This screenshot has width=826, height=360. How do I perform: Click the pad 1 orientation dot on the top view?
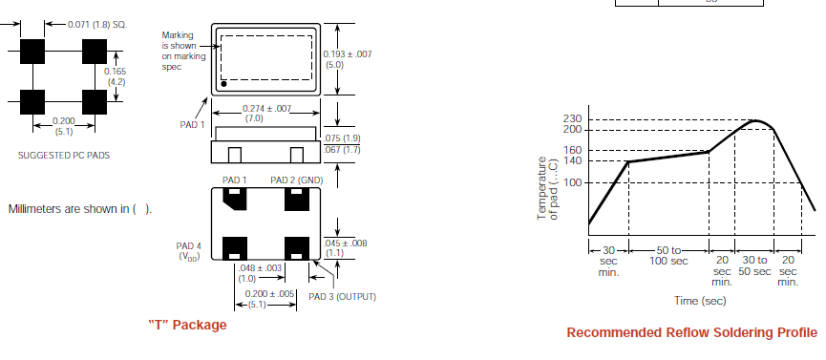pos(223,84)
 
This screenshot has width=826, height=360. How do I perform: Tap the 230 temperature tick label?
pos(572,119)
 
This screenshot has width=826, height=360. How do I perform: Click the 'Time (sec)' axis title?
pos(700,301)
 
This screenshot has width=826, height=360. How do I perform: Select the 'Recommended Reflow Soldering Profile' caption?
pos(692,332)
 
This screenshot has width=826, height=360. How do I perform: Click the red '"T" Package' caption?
pos(187,325)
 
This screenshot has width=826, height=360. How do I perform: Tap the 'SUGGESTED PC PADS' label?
pos(64,156)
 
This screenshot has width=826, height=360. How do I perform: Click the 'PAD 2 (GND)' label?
pos(297,180)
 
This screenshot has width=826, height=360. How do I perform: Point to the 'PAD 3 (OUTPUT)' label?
pos(343,297)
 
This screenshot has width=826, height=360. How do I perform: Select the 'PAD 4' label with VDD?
pos(188,251)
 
